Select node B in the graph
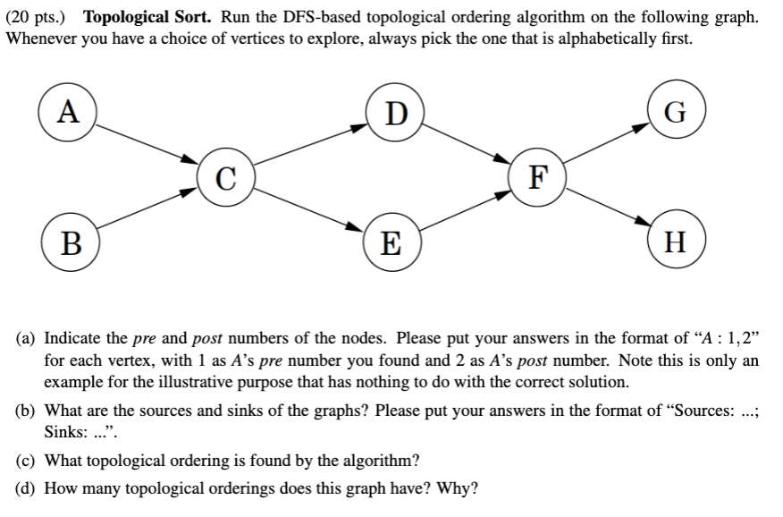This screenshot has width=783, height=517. [67, 242]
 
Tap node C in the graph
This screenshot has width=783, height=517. [226, 176]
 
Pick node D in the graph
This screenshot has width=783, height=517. [393, 114]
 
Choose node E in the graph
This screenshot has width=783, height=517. [391, 242]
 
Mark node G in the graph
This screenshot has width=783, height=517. [676, 114]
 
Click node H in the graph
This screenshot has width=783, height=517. [676, 242]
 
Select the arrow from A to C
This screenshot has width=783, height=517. [147, 143]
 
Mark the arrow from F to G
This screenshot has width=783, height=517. [606, 144]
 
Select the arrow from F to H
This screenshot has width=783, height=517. [606, 208]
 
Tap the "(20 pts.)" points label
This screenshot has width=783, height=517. [39, 17]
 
